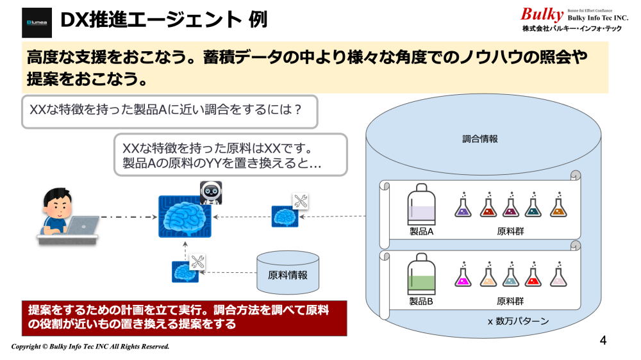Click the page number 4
click(x=603, y=340)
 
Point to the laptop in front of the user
click(x=81, y=227)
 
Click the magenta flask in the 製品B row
click(x=462, y=275)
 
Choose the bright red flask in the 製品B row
click(x=533, y=275)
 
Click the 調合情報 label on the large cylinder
click(x=479, y=138)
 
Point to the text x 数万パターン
click(x=518, y=320)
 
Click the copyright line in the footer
click(x=90, y=347)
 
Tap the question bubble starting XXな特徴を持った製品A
click(x=166, y=109)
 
